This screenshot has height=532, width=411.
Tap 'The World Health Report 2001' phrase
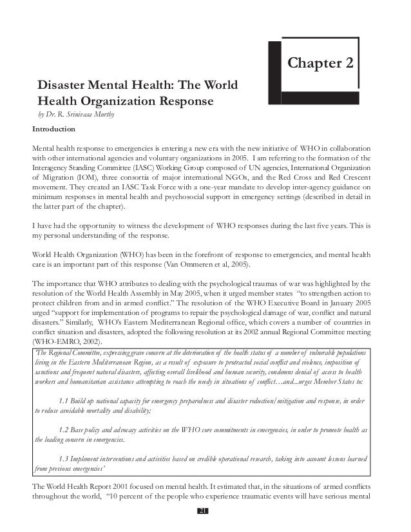coord(80,486)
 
